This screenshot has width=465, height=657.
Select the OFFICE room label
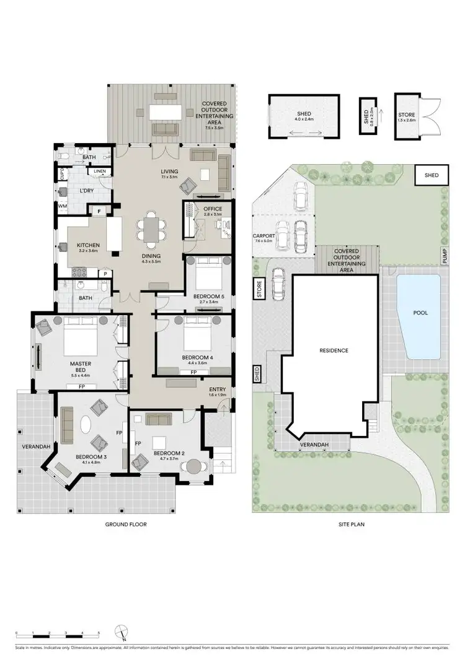(x=213, y=209)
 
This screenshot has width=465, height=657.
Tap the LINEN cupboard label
(x=100, y=171)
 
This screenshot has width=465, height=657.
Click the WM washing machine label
(x=63, y=206)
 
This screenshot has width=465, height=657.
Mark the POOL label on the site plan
(x=420, y=313)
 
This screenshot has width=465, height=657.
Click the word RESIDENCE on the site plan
(x=334, y=350)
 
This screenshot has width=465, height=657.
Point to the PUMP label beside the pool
(x=445, y=255)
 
